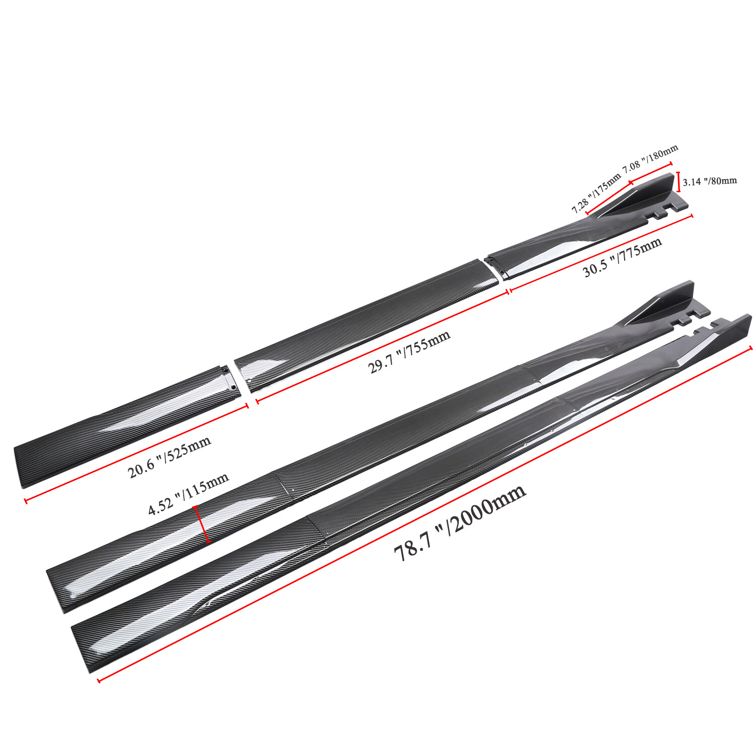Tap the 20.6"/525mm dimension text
click(x=169, y=457)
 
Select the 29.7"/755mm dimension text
click(x=409, y=352)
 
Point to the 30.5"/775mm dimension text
click(x=622, y=257)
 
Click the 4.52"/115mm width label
click(x=188, y=494)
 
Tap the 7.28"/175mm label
click(x=596, y=193)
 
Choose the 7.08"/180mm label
click(x=650, y=159)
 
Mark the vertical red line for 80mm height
click(x=679, y=182)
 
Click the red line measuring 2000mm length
click(x=425, y=514)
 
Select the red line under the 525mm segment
click(x=136, y=452)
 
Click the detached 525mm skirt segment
click(x=126, y=425)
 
